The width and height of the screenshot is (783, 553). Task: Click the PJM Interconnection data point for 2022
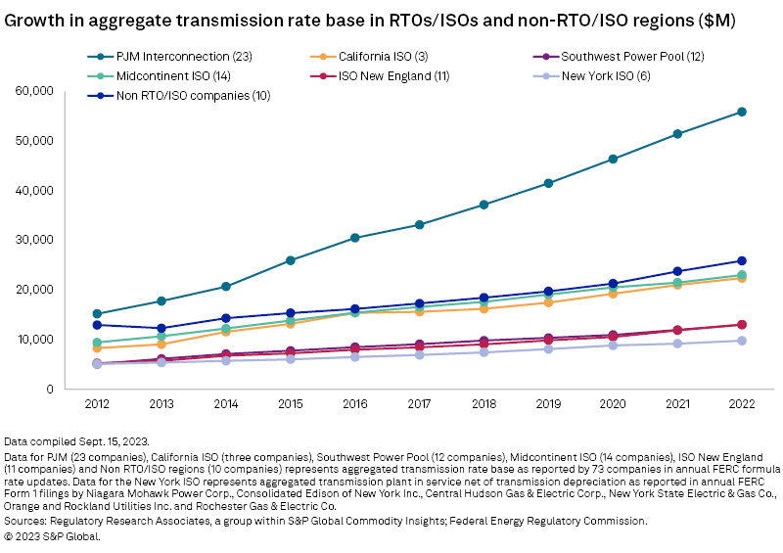pos(742,112)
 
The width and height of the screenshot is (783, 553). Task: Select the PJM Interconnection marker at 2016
pos(355,238)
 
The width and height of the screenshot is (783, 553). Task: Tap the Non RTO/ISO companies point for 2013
pos(162,328)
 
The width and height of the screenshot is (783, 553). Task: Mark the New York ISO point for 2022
pos(742,341)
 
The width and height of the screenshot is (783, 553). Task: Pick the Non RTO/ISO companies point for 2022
pos(742,260)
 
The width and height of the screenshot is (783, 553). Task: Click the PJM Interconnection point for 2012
pos(97,313)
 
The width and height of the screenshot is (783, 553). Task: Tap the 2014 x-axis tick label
pos(226,404)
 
